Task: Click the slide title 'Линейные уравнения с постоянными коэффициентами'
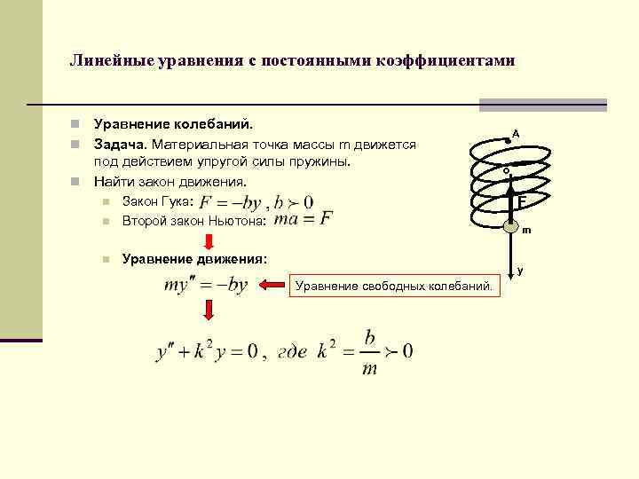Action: [x=292, y=62]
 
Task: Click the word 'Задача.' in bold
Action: [x=122, y=145]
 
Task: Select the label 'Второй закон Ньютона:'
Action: [x=193, y=219]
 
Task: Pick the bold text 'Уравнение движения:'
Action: [x=193, y=258]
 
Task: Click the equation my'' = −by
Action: [x=205, y=285]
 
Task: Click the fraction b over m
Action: [x=368, y=351]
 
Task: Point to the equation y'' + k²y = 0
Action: [x=206, y=351]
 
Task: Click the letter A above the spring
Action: [x=515, y=133]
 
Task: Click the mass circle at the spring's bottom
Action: [x=510, y=224]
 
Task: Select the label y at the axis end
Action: [x=520, y=271]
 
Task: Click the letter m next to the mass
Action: [x=526, y=231]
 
